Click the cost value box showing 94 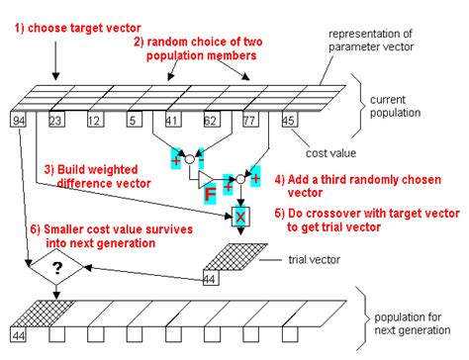coord(18,120)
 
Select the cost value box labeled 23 coord(56,120)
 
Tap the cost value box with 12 coord(96,120)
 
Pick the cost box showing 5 coord(135,120)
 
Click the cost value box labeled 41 coord(173,120)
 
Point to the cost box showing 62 coord(212,120)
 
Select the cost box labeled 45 coord(290,120)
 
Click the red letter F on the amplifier coord(210,194)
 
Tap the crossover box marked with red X coord(240,217)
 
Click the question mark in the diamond coord(57,268)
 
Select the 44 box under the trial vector coord(211,278)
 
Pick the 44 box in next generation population coord(18,334)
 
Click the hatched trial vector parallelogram coord(235,257)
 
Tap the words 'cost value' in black coord(330,153)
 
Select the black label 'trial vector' coord(314,260)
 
